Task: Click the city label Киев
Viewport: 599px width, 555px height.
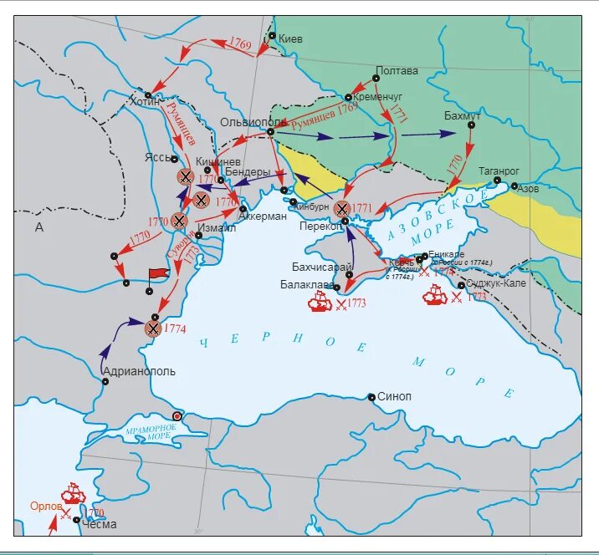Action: point(290,39)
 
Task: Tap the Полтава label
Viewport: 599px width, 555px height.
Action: point(397,71)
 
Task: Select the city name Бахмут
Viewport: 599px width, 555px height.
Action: point(462,114)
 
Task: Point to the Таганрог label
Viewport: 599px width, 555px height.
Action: point(499,170)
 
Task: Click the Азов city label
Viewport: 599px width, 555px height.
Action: point(529,190)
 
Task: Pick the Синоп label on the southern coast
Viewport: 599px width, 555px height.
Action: point(394,397)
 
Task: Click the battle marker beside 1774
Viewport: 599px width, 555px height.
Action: point(152,328)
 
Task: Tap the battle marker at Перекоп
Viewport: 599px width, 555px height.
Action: point(341,208)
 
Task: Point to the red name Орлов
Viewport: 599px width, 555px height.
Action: point(46,507)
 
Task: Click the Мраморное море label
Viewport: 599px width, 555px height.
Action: point(150,432)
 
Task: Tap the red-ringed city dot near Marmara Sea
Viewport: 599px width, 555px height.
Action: point(177,415)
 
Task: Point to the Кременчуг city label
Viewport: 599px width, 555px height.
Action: point(378,97)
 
